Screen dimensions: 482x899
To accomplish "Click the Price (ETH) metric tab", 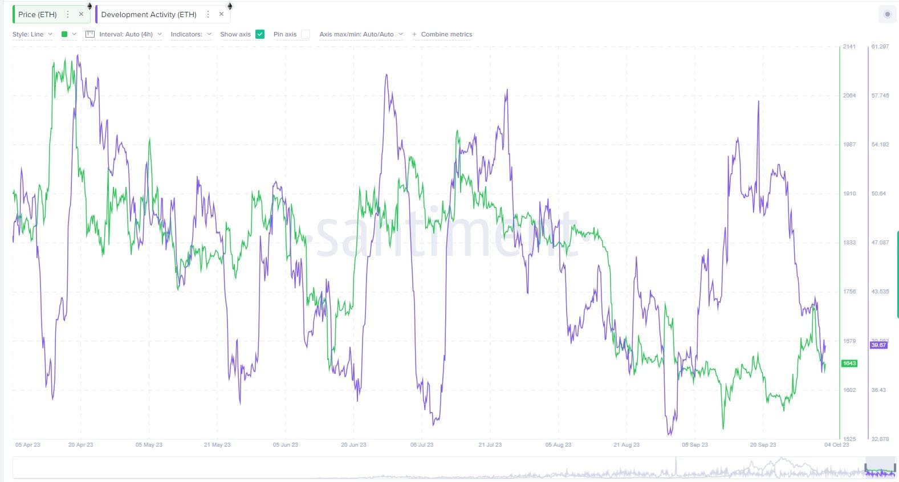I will coord(38,14).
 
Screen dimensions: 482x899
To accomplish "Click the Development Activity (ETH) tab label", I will coord(149,14).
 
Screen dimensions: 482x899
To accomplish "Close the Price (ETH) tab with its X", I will coord(81,14).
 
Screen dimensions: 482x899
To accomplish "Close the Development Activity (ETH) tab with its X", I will coord(221,14).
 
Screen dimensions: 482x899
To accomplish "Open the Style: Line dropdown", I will coord(32,34).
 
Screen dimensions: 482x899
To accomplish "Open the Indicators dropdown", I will coord(190,34).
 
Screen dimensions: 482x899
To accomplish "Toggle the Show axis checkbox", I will coord(260,34).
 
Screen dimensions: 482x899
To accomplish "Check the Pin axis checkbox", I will coord(306,34).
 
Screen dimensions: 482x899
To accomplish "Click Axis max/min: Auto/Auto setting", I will coord(360,34).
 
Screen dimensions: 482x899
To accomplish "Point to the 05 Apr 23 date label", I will coord(27,444).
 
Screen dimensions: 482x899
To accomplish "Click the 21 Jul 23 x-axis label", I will coord(490,444).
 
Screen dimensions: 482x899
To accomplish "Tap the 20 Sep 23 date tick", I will coord(763,444).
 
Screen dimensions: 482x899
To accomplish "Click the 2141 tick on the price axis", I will coord(849,47).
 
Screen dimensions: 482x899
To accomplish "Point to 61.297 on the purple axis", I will coord(880,47).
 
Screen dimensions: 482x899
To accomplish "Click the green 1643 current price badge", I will coord(849,363).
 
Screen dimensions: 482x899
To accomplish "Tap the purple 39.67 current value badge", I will coord(878,345).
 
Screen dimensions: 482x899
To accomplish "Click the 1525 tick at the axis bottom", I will coord(849,439).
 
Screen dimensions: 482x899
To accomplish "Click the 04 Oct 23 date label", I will coord(836,444).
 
